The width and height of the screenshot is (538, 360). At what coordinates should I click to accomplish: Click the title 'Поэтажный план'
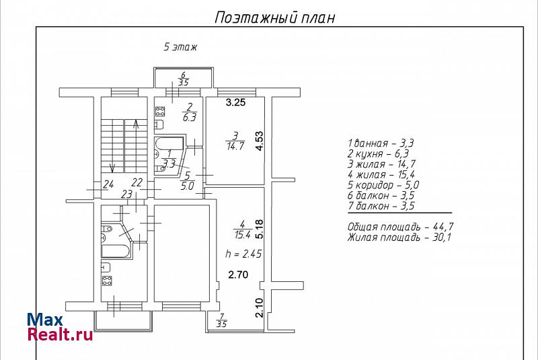click(x=275, y=17)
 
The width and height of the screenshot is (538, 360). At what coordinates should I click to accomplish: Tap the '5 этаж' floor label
click(x=180, y=46)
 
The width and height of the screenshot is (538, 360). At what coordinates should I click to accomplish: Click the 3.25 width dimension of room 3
click(x=235, y=102)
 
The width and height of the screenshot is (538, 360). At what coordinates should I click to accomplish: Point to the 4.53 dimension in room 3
click(x=259, y=141)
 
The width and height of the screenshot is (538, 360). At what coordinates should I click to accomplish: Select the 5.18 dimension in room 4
click(x=259, y=229)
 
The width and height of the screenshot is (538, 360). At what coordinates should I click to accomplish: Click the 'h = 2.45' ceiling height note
click(x=243, y=254)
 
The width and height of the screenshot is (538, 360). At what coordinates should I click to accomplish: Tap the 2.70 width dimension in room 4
click(x=239, y=275)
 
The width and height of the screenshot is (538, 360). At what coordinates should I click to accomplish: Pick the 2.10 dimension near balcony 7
click(x=259, y=308)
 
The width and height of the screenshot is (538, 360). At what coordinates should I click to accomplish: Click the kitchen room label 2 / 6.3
click(x=190, y=112)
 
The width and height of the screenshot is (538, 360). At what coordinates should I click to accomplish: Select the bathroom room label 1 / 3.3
click(x=169, y=159)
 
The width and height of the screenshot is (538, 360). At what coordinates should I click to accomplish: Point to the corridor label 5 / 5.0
click(x=187, y=181)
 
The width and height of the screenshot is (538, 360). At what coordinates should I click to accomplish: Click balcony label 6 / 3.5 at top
click(x=183, y=79)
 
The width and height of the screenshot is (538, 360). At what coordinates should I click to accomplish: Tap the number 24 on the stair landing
click(x=108, y=184)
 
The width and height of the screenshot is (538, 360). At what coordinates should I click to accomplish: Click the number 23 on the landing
click(x=126, y=194)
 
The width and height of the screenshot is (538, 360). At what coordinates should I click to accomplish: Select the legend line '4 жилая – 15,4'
click(x=381, y=175)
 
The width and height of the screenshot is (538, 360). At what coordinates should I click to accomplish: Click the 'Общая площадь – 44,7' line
click(x=400, y=227)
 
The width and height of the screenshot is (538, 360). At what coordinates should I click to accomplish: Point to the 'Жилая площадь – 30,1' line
click(x=399, y=237)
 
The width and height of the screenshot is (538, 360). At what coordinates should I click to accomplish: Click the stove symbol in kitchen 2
click(x=160, y=111)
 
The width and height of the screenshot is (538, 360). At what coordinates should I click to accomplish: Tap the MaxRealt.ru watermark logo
click(x=60, y=327)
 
